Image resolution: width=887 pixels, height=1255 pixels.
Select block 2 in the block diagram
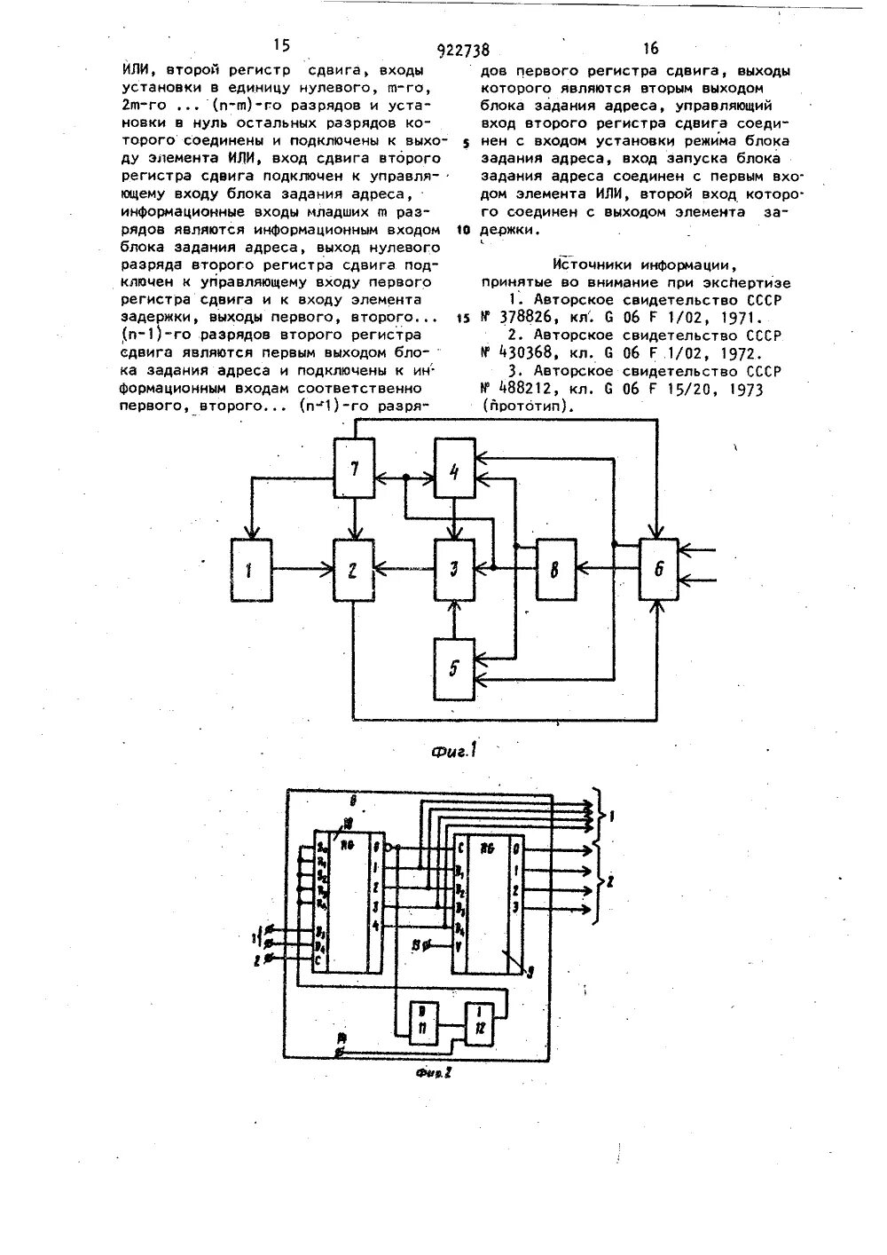(x=354, y=567)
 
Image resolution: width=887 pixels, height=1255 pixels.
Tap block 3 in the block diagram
(x=455, y=567)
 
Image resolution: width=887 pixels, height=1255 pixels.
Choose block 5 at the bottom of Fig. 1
(x=455, y=667)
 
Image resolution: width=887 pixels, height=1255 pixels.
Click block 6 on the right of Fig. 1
(x=657, y=568)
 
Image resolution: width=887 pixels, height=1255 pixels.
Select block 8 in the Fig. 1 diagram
(x=554, y=567)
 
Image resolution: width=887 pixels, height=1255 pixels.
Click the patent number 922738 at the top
(x=463, y=51)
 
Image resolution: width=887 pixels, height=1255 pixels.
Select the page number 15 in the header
(x=281, y=45)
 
